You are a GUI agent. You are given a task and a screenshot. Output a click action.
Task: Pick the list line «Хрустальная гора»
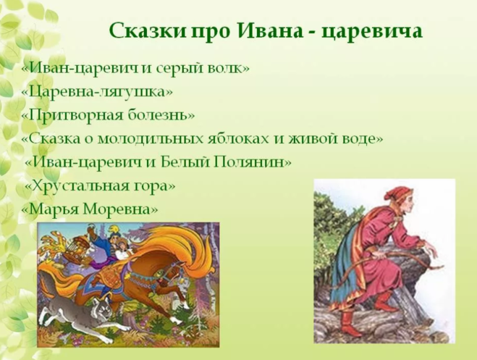(100, 185)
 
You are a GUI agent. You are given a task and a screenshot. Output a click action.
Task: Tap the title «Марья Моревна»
(90, 209)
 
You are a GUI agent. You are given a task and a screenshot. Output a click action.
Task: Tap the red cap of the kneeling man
(395, 193)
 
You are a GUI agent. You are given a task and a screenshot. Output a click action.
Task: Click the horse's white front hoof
(176, 320)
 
